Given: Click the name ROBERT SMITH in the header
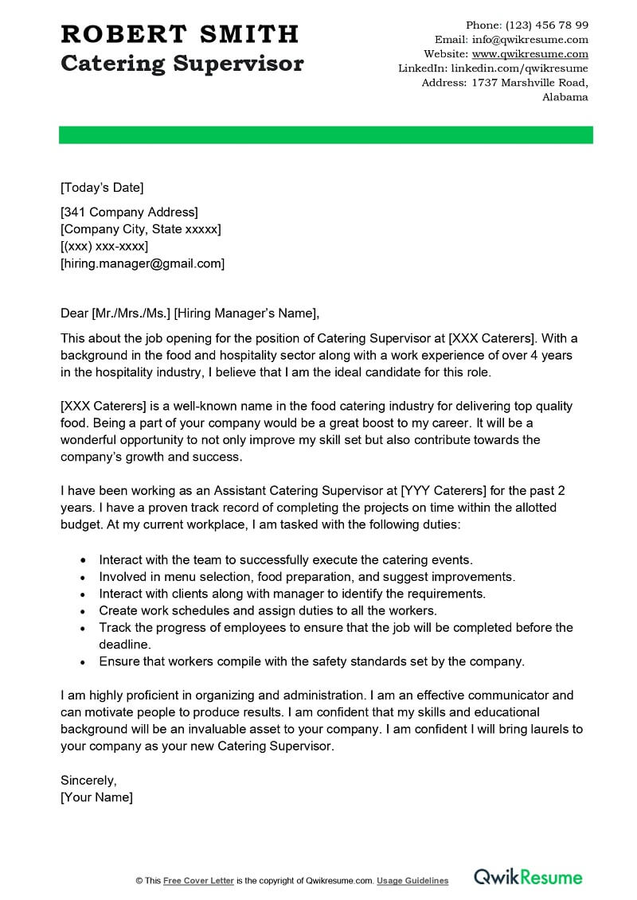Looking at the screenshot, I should click(x=179, y=34).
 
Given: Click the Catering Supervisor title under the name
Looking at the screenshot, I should click(x=182, y=64).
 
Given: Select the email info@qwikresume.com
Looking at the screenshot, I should click(x=530, y=40).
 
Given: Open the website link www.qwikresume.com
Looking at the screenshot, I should click(x=530, y=54).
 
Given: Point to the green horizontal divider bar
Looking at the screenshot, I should click(x=326, y=134).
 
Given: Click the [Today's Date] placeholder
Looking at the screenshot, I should click(x=102, y=188).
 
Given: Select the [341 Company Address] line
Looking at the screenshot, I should click(x=129, y=212).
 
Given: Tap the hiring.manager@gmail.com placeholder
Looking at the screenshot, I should click(x=143, y=263).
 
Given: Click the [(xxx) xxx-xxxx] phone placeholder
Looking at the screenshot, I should click(x=104, y=246).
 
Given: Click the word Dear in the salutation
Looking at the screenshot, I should click(x=75, y=313).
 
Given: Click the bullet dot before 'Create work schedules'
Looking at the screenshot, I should click(x=84, y=611).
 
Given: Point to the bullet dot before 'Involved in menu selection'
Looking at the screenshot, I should click(x=84, y=577).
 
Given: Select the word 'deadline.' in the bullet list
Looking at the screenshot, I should click(x=124, y=644).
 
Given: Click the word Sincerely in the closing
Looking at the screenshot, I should click(x=88, y=780).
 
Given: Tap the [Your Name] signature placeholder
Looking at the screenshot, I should click(x=96, y=797).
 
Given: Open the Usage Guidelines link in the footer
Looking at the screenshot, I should click(x=412, y=881).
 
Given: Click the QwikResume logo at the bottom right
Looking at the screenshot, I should click(x=528, y=878).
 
